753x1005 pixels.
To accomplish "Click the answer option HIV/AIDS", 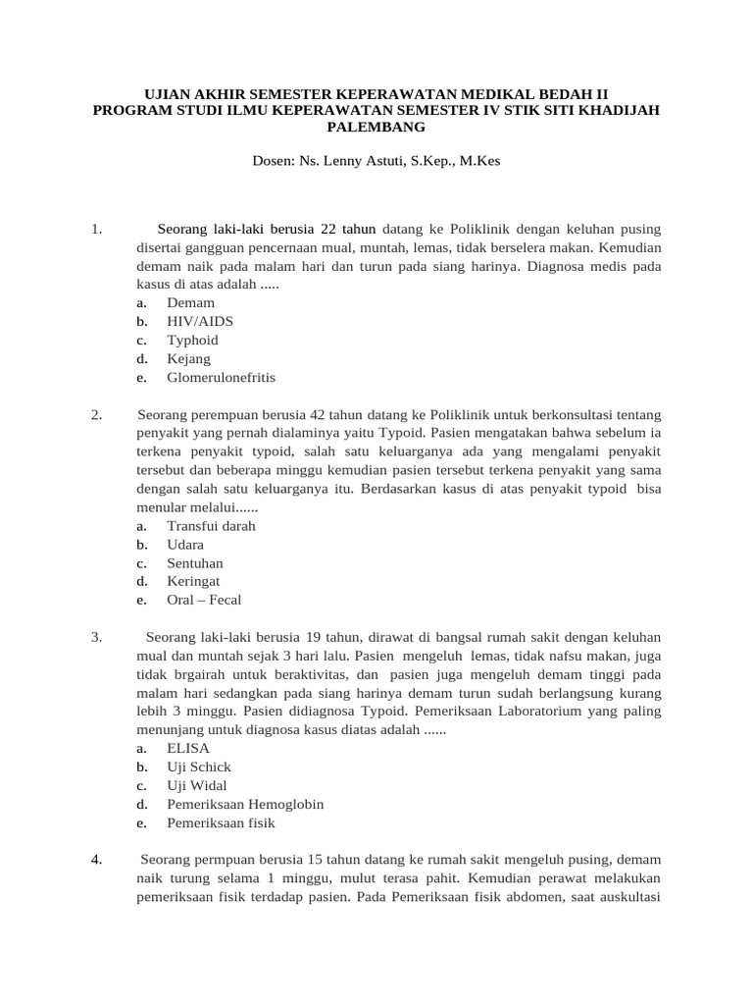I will point(200,321).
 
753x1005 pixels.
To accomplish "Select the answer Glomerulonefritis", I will point(221,377).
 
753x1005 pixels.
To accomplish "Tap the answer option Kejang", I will point(188,358).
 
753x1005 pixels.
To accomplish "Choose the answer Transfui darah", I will point(211,525).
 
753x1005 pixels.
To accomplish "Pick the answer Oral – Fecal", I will point(204,600).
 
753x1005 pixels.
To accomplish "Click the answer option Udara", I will point(185,544).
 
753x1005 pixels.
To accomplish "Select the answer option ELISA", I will point(188,748).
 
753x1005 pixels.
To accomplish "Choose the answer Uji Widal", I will point(197,785).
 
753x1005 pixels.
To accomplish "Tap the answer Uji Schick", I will point(199,767).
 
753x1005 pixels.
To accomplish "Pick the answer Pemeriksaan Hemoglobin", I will point(245,804).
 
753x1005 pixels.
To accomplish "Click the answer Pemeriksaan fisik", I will point(221,822).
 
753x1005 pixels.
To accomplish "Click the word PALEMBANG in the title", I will point(376,128).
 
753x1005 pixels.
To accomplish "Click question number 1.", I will point(96,230).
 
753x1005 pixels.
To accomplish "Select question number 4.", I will point(96,860).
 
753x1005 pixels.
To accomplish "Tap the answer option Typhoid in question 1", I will point(192,340).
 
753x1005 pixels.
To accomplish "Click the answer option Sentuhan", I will point(195,562).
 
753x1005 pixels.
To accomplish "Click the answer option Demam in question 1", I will point(190,302).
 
